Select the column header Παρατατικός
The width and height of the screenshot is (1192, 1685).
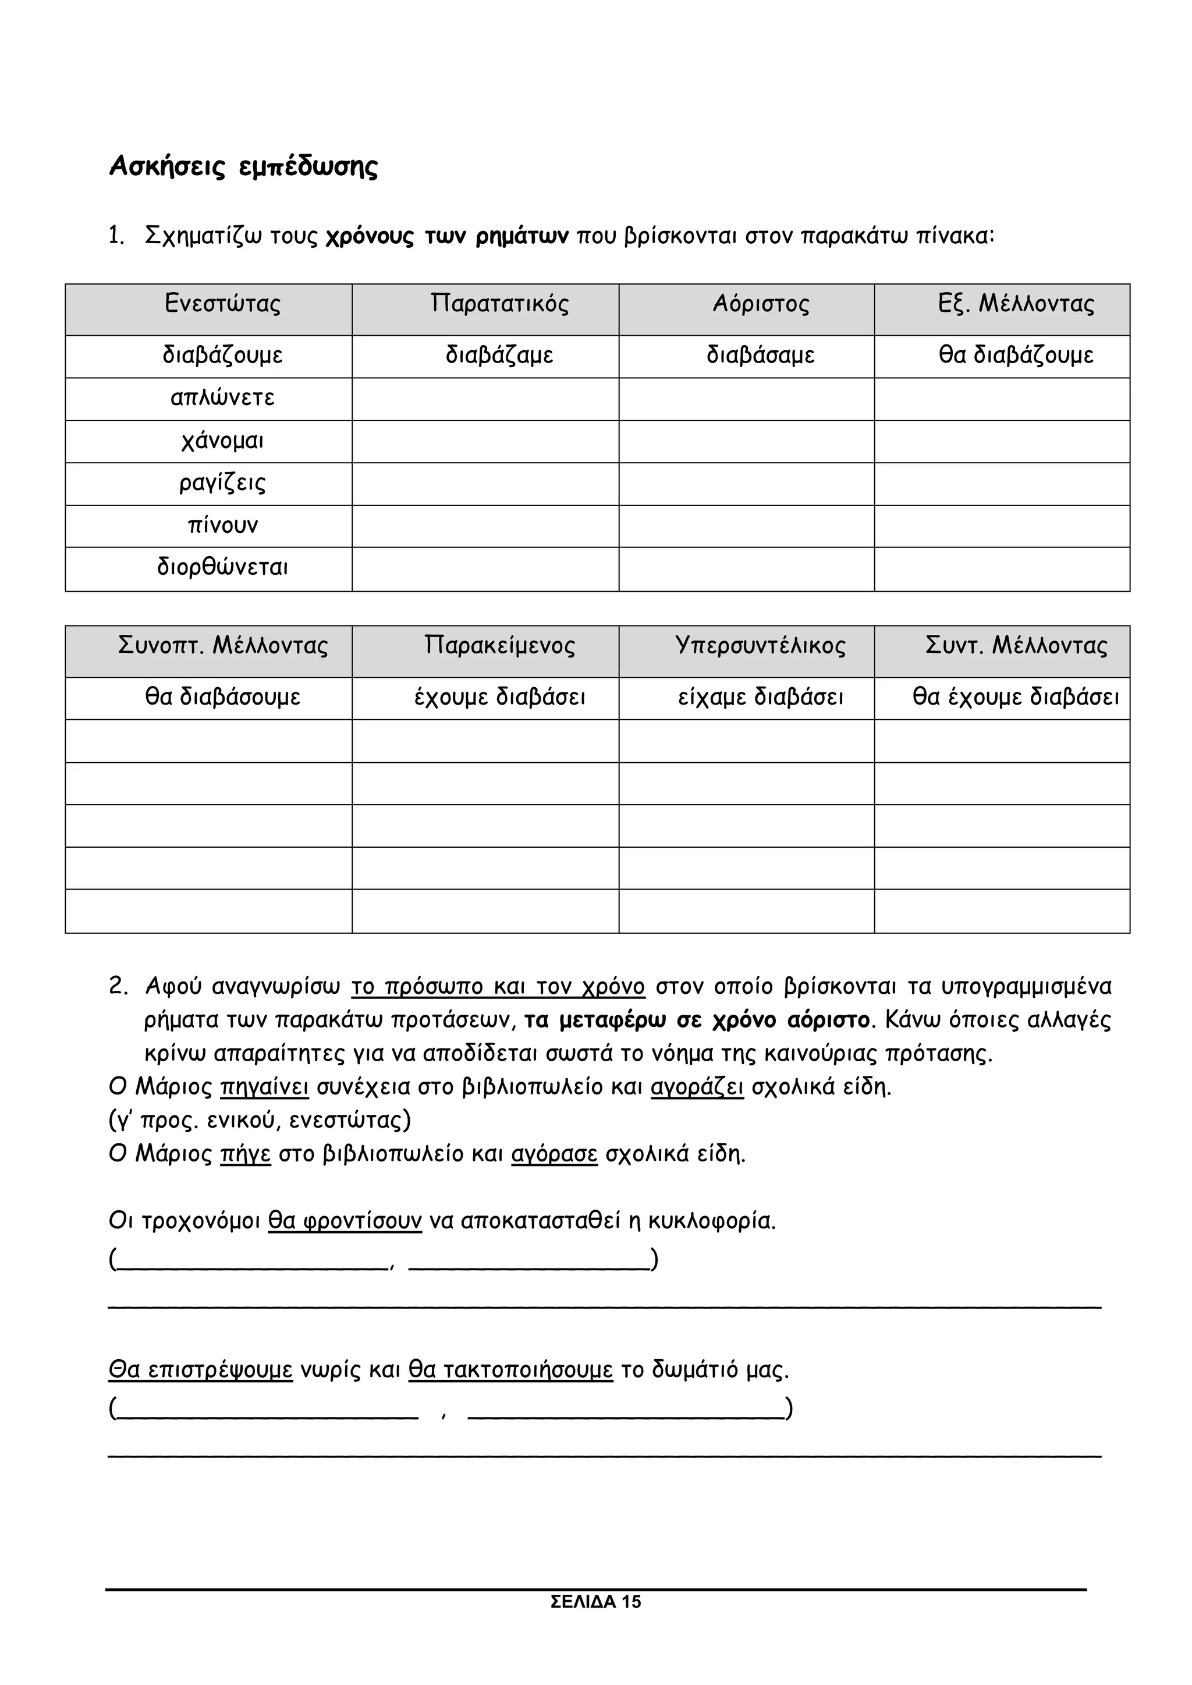point(499,304)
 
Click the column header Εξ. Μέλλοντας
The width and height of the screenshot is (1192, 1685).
point(1016,304)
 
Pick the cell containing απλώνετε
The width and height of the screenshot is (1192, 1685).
point(222,399)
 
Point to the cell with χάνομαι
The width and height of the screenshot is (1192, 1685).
point(222,441)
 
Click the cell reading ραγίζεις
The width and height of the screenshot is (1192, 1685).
point(222,483)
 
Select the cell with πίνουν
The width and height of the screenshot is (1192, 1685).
point(222,525)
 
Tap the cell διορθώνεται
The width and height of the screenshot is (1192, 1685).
point(222,568)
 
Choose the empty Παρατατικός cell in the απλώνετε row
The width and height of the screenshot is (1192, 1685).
point(485,399)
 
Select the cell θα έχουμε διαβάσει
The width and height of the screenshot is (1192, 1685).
point(1016,696)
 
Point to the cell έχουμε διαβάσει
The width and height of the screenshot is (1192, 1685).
point(499,696)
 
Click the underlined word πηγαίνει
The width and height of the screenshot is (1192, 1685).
point(264,1087)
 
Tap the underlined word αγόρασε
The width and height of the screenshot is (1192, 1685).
point(554,1154)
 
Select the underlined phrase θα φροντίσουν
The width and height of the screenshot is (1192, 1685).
point(345,1221)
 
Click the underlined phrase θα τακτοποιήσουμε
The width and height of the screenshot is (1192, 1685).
point(510,1370)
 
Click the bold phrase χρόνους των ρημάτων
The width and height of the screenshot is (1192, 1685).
point(447,237)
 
